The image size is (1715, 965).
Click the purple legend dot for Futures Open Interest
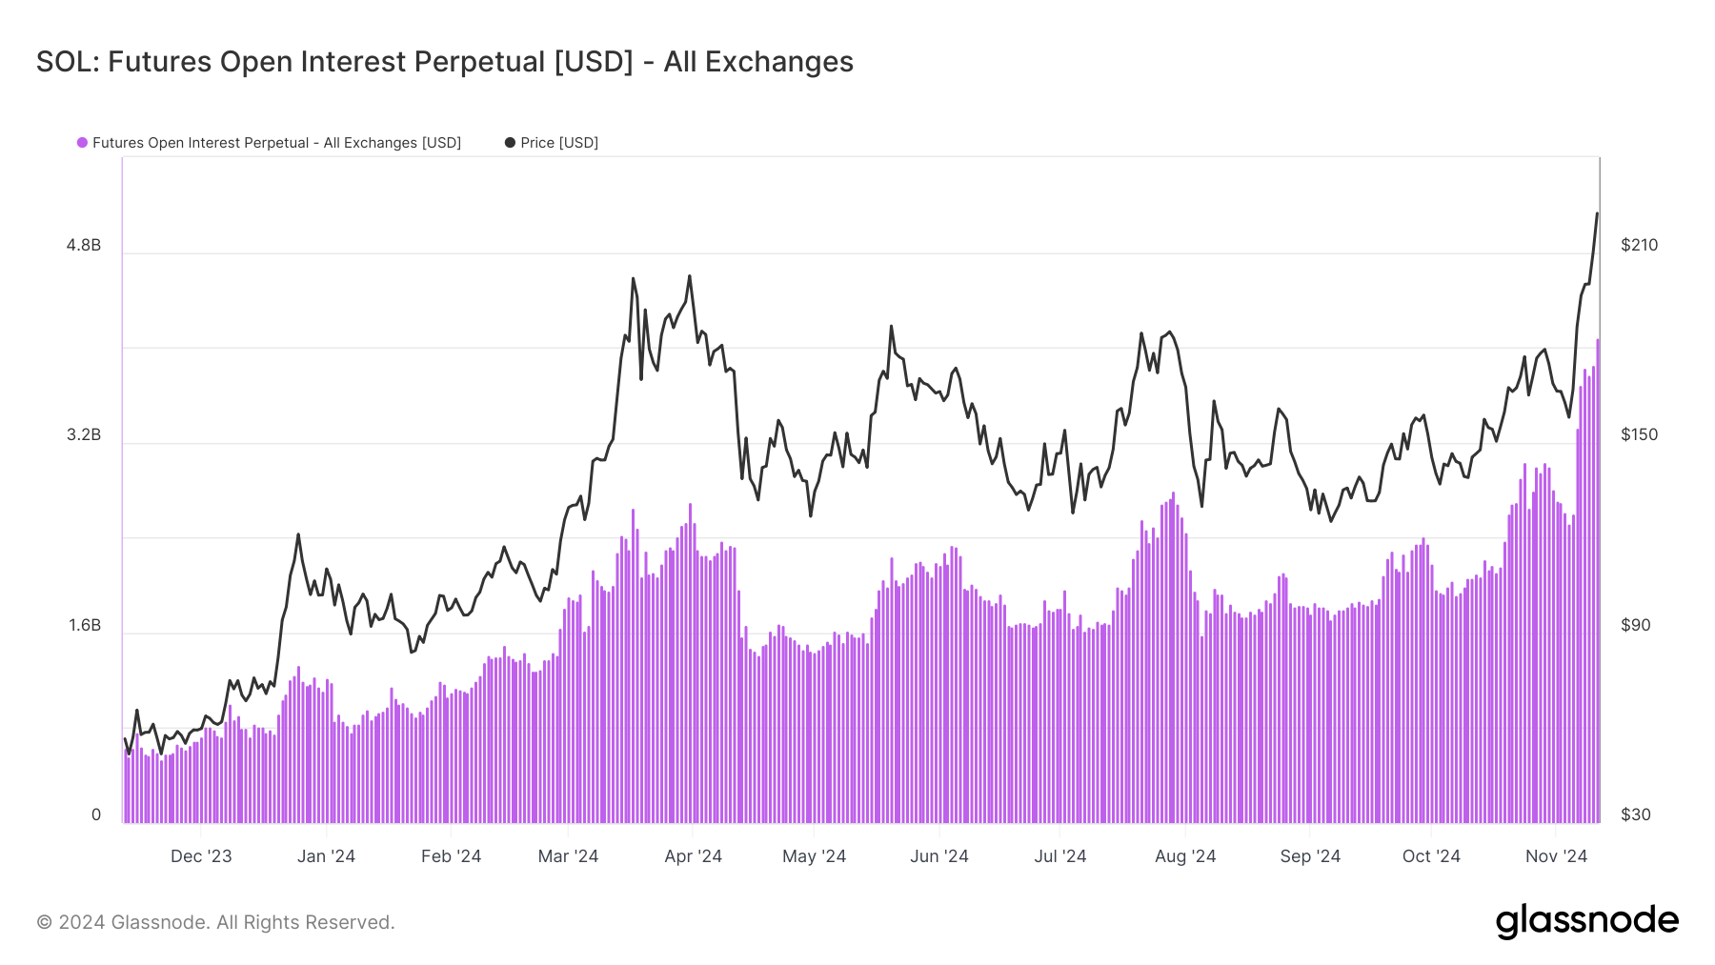coord(83,143)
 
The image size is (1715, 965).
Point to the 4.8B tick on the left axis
coord(84,245)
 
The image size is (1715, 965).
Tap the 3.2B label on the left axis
coord(84,434)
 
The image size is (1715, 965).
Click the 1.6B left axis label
coord(84,625)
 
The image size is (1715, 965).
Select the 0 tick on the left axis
coord(95,814)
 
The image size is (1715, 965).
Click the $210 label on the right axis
coord(1639,245)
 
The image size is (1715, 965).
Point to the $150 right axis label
coord(1639,434)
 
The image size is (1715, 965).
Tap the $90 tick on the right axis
coord(1635,625)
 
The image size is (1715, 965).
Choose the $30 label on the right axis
coord(1635,814)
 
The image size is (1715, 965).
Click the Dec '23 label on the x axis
coord(201,855)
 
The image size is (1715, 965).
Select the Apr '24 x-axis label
coord(693,855)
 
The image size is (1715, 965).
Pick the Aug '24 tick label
coord(1185,855)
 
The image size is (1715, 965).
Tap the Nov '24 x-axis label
coord(1556,855)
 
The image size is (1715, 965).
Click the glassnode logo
coord(1586,921)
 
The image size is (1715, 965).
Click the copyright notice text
coord(215,922)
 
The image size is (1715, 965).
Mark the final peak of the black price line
coord(1597,214)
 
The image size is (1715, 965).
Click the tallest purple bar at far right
coord(1598,581)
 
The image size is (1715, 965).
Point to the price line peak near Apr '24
coord(690,277)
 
